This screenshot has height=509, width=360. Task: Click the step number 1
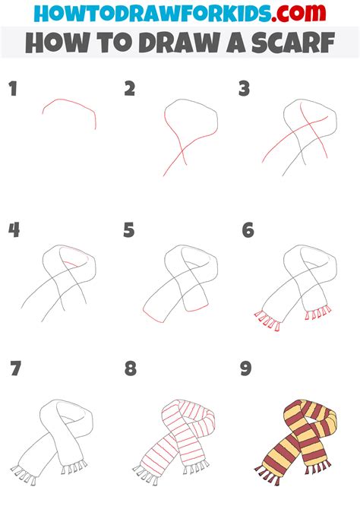coord(13,90)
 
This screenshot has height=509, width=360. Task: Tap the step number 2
coord(129,90)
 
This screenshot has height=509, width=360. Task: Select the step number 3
coord(245,90)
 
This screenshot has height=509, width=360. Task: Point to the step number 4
coord(14,229)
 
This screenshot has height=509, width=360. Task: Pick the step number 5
coord(129,229)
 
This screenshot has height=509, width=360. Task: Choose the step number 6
coord(247,229)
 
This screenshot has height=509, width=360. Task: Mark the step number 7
coord(16,370)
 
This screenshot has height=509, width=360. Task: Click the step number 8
coord(131,370)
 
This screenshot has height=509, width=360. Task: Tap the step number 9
coord(247,370)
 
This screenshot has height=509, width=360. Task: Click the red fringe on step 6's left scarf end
coord(267,320)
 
